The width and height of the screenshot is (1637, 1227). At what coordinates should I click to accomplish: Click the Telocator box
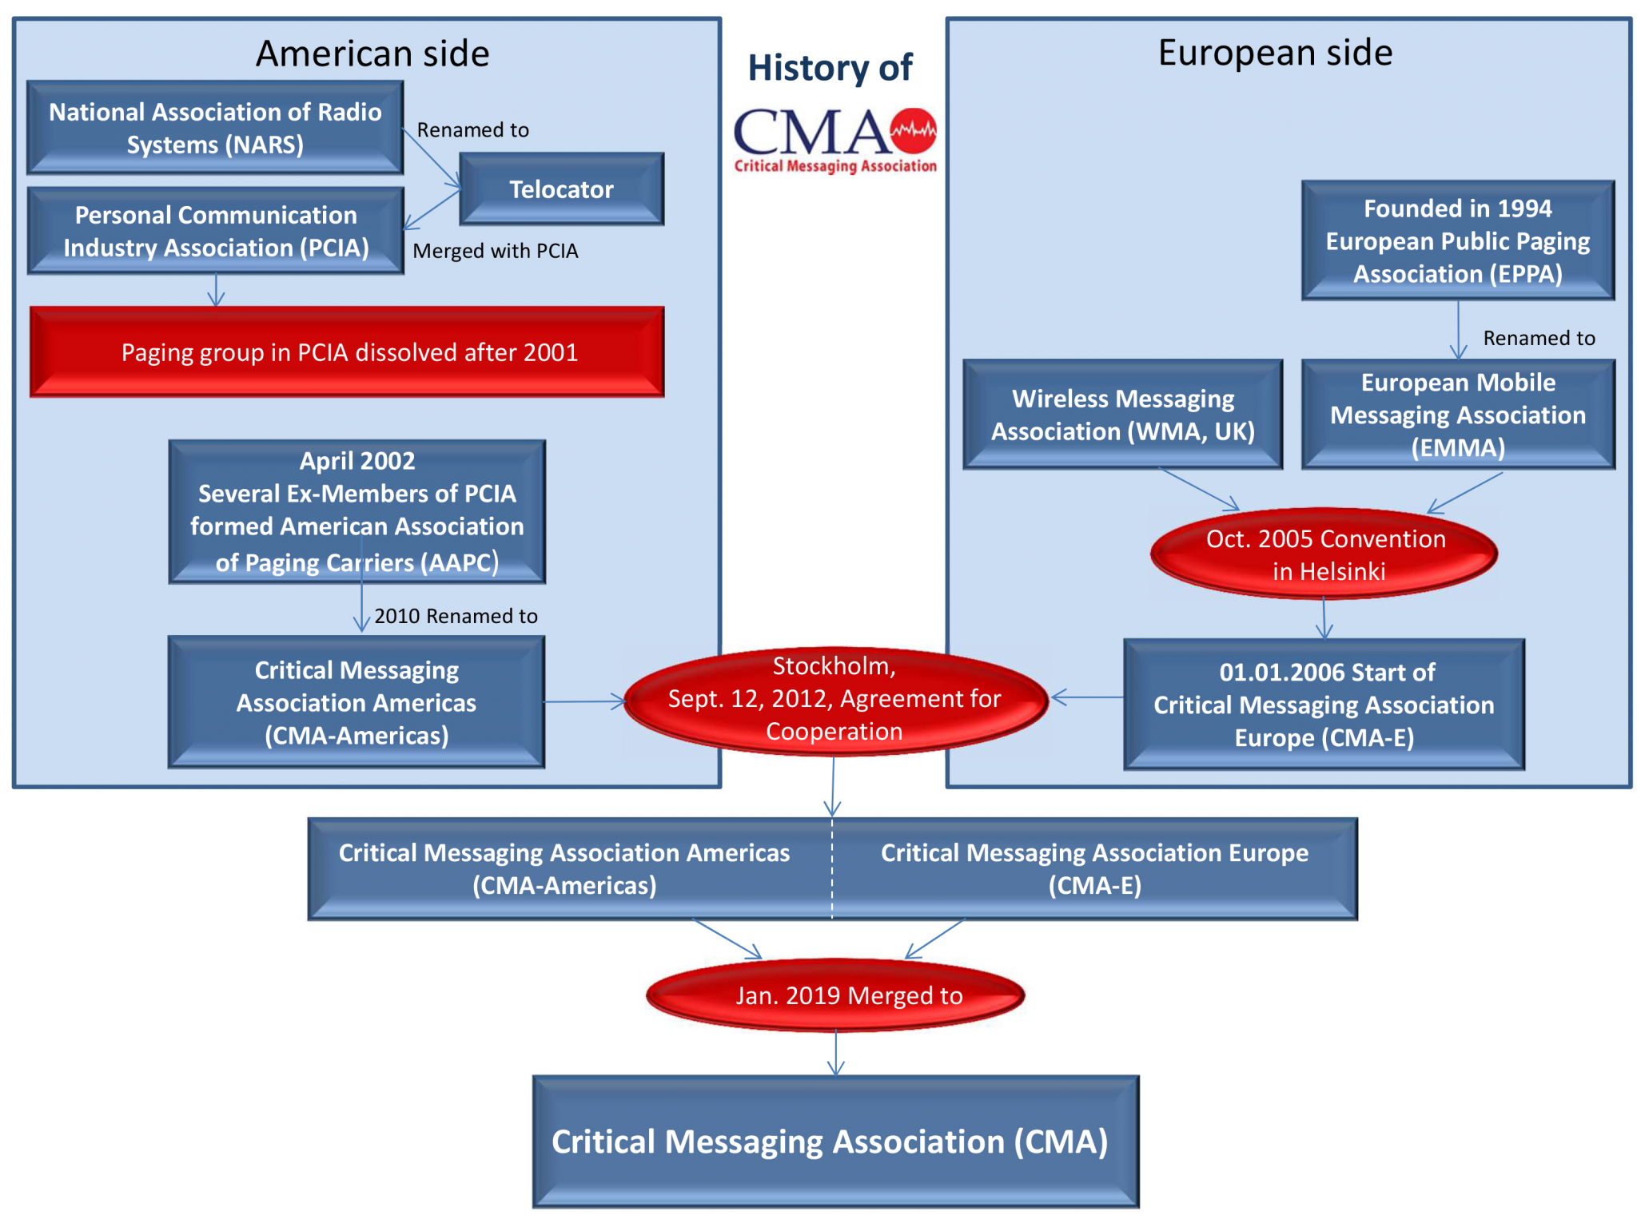561,189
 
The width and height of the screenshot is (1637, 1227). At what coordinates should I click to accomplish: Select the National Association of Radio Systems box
215,128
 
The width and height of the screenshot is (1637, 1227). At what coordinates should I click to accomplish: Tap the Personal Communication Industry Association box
216,231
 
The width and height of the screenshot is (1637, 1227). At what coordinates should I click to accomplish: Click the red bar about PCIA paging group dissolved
348,352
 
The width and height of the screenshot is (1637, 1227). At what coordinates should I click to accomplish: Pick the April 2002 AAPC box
357,511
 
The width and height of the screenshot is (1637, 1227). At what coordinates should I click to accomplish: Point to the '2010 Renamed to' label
456,616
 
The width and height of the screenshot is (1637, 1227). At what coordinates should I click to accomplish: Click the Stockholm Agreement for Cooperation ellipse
834,701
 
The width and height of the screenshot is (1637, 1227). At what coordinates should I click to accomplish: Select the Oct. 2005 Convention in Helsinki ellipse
1324,554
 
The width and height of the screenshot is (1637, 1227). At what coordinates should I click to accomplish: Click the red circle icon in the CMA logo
914,130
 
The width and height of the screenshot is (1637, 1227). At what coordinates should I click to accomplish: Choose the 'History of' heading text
830,68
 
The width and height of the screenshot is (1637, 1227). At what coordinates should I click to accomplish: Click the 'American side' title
372,54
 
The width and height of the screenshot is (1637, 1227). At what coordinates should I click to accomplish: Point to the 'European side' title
1275,53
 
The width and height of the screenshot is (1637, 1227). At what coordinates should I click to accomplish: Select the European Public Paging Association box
1457,241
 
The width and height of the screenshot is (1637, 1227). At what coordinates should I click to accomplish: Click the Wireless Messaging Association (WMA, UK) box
1122,415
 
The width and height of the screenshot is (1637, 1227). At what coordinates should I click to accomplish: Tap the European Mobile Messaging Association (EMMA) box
1457,415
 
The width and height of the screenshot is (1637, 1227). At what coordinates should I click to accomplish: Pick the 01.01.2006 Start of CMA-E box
1324,705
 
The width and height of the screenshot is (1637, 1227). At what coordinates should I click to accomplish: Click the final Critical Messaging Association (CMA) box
835,1142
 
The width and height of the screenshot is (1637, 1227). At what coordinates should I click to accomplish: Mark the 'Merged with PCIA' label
495,251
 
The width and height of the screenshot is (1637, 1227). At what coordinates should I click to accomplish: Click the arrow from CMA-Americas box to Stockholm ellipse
584,702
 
